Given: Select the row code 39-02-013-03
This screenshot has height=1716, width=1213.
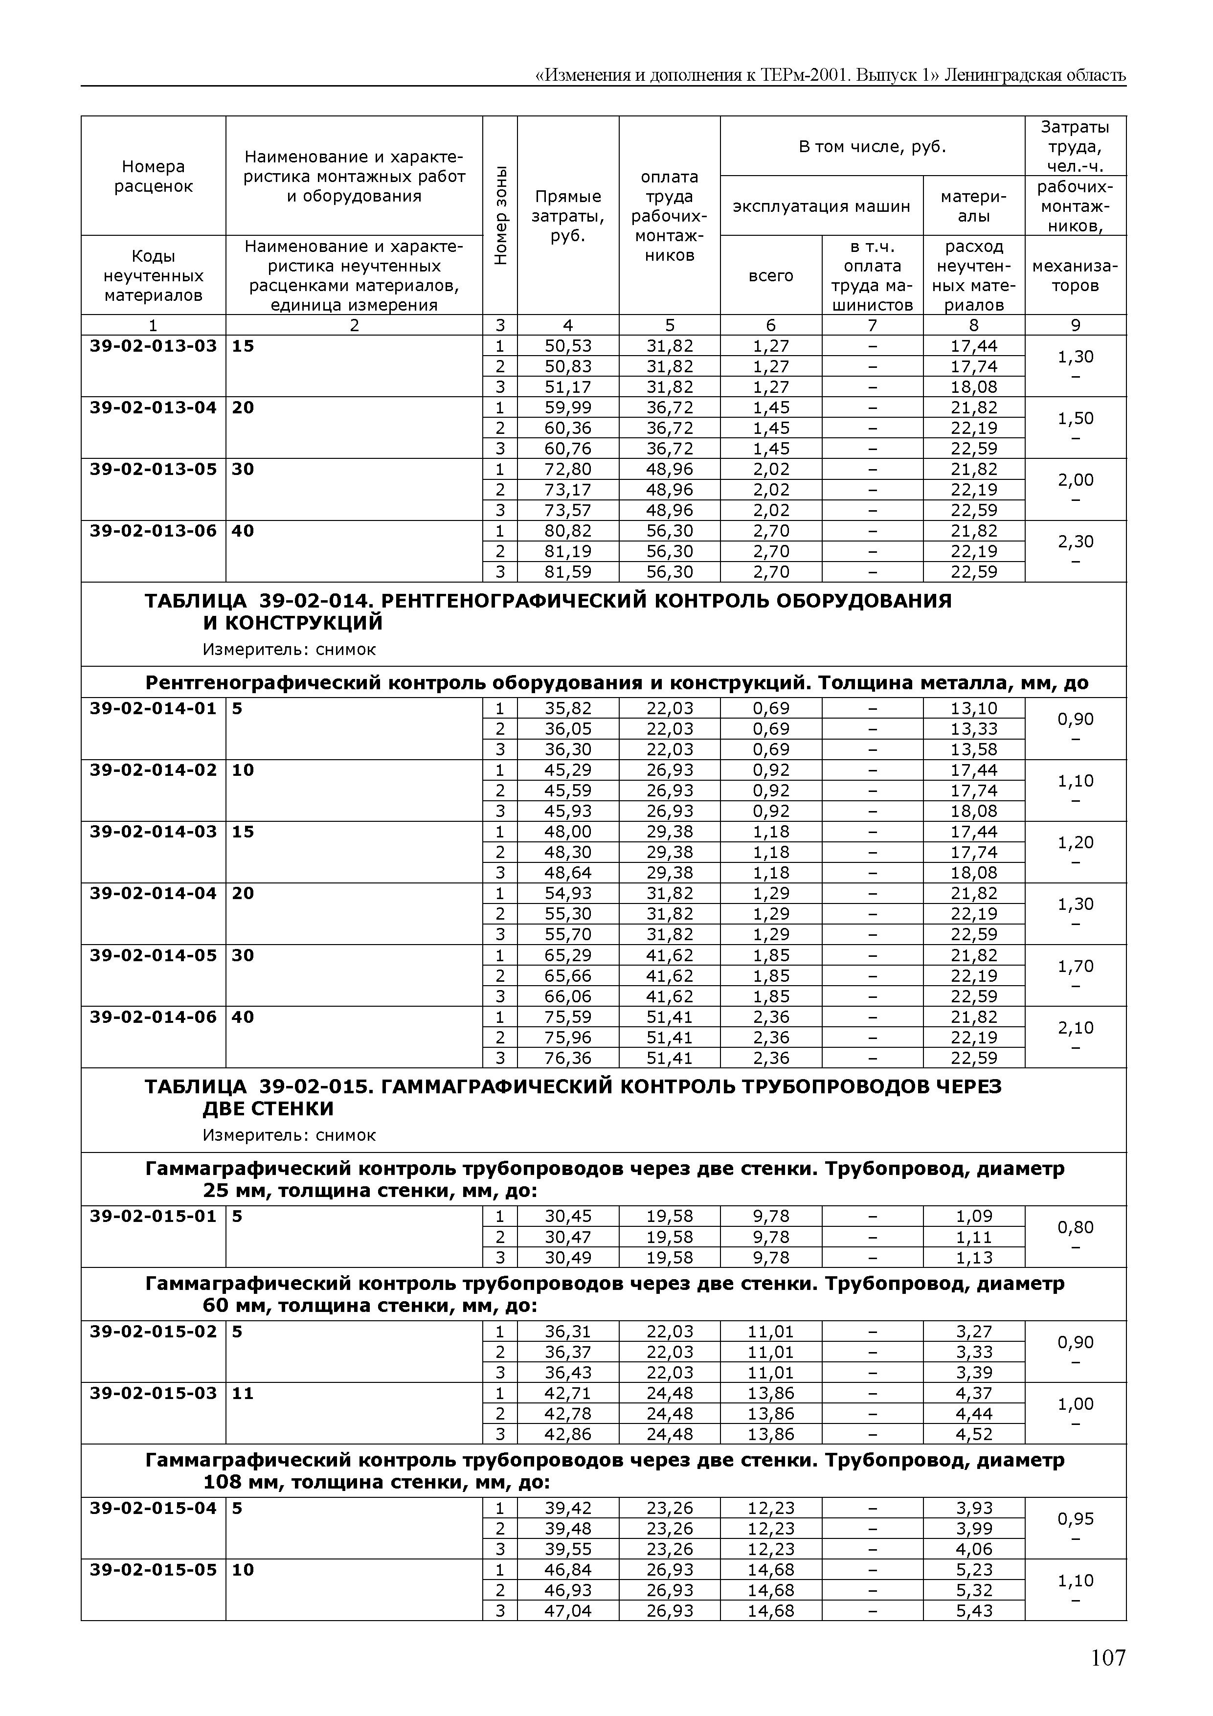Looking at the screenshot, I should click(153, 346).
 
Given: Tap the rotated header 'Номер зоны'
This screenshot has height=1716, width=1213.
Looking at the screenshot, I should click(500, 214).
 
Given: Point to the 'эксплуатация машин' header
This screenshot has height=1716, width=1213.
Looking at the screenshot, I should click(821, 206).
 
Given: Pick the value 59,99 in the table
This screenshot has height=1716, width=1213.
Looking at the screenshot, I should click(568, 408).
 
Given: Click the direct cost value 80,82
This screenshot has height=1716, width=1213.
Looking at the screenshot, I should click(568, 531).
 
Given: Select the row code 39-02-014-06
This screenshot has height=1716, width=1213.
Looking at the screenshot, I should click(153, 1017).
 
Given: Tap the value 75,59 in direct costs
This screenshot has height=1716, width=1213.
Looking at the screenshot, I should click(568, 1017).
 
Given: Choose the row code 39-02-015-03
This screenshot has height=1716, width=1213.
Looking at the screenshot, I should click(153, 1393).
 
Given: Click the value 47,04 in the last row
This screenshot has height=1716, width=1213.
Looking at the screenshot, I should click(568, 1611).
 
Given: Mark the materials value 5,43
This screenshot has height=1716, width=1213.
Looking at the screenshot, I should click(974, 1611).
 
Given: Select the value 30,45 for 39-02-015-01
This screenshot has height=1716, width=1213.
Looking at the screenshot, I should click(568, 1217).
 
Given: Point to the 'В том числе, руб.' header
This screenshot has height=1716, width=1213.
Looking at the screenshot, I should click(872, 146).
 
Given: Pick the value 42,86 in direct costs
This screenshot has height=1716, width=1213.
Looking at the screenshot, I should click(568, 1434).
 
